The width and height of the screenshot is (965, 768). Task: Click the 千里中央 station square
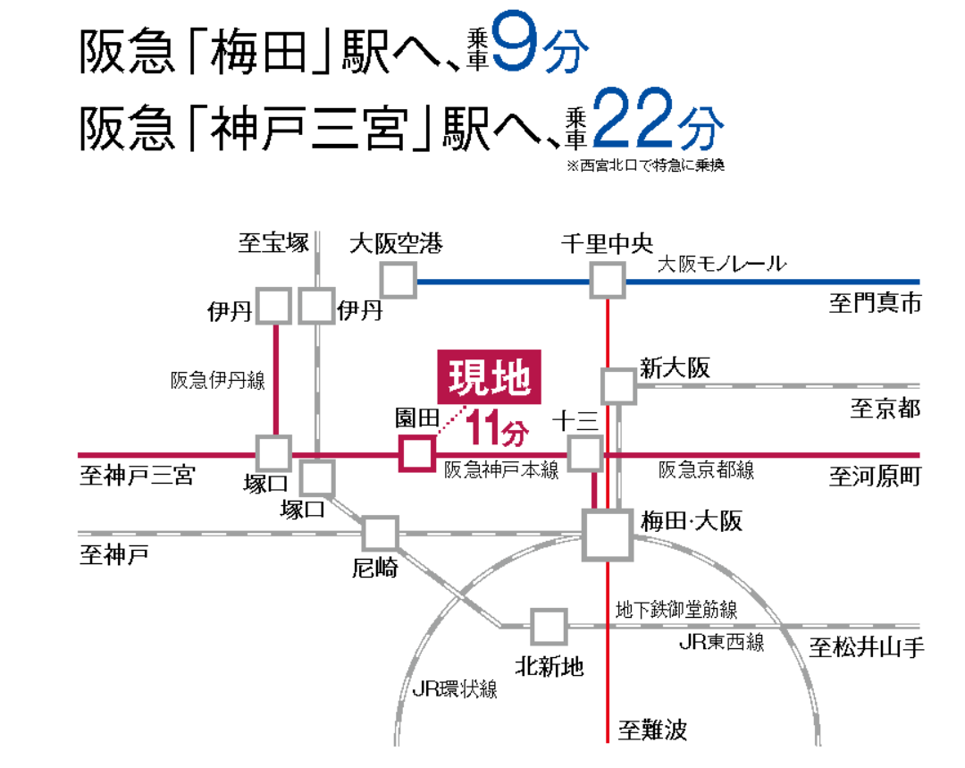pos(608,282)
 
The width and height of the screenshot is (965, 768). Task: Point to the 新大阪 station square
pos(618,385)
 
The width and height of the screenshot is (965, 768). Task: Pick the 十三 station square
pos(586,453)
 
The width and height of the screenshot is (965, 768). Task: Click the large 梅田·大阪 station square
pos(608,534)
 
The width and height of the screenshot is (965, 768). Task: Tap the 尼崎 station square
pos(380,534)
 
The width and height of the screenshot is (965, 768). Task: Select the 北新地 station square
pos(549,627)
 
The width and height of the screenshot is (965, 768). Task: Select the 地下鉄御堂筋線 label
pos(676,610)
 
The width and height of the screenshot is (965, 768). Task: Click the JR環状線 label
pos(455,688)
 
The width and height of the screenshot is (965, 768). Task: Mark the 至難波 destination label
pos(653,730)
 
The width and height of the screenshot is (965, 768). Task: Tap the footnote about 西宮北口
pos(643,165)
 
